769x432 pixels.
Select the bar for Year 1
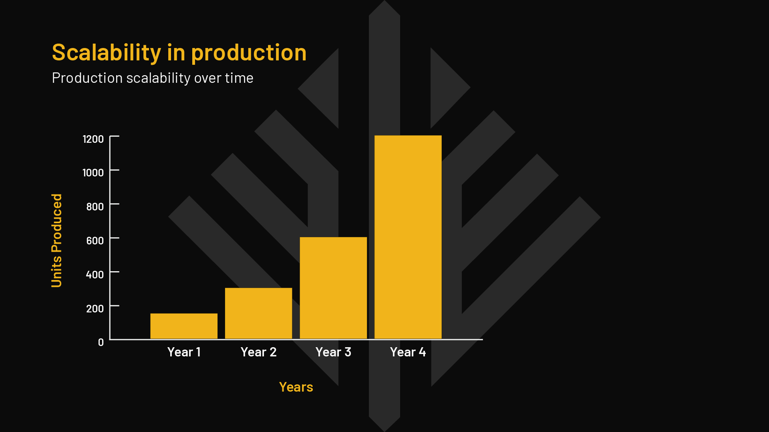(184, 326)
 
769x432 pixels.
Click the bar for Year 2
(258, 313)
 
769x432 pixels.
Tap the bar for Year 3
(333, 288)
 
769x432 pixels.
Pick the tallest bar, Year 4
(408, 237)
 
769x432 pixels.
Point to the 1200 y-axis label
(93, 139)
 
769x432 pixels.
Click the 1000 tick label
(93, 173)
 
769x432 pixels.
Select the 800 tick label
(95, 207)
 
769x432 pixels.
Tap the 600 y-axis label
(95, 241)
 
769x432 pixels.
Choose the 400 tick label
(95, 275)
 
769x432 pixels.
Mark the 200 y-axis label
(95, 309)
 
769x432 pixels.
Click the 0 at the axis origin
(101, 342)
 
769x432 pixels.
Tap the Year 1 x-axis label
(184, 352)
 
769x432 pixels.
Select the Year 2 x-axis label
(258, 352)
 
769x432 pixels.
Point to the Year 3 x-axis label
(333, 352)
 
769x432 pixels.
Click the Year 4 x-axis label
(408, 352)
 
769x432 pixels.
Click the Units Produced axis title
(57, 240)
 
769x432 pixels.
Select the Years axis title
(296, 387)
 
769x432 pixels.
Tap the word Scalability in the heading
(107, 53)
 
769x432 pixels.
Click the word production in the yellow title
(249, 53)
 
